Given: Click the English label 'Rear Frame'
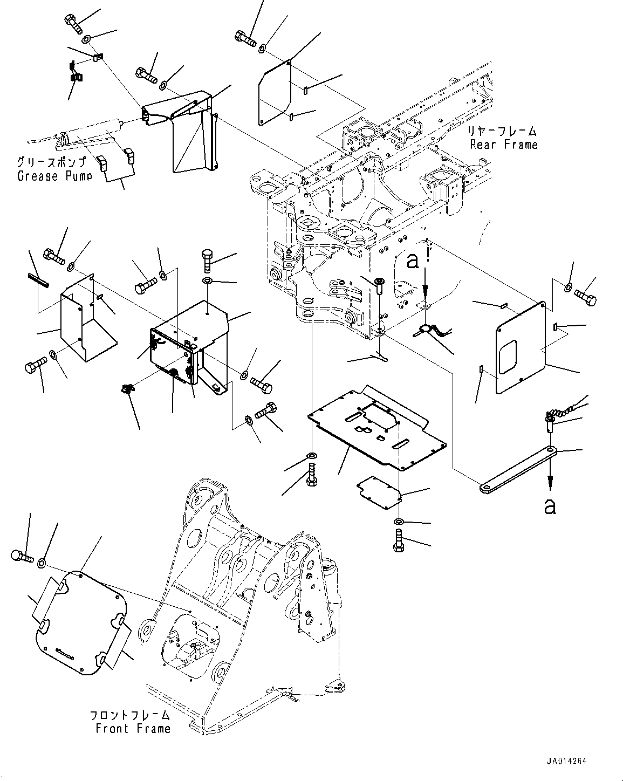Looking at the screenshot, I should (503, 145).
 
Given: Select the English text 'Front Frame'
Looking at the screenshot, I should (133, 729).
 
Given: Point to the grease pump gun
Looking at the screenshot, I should (81, 135).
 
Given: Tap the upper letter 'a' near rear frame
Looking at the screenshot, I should (413, 261).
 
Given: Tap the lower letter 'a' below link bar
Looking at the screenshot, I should (550, 506).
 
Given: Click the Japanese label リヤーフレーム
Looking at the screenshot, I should (502, 131).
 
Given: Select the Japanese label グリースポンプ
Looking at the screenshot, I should (52, 162).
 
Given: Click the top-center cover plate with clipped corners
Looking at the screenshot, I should (275, 94).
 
